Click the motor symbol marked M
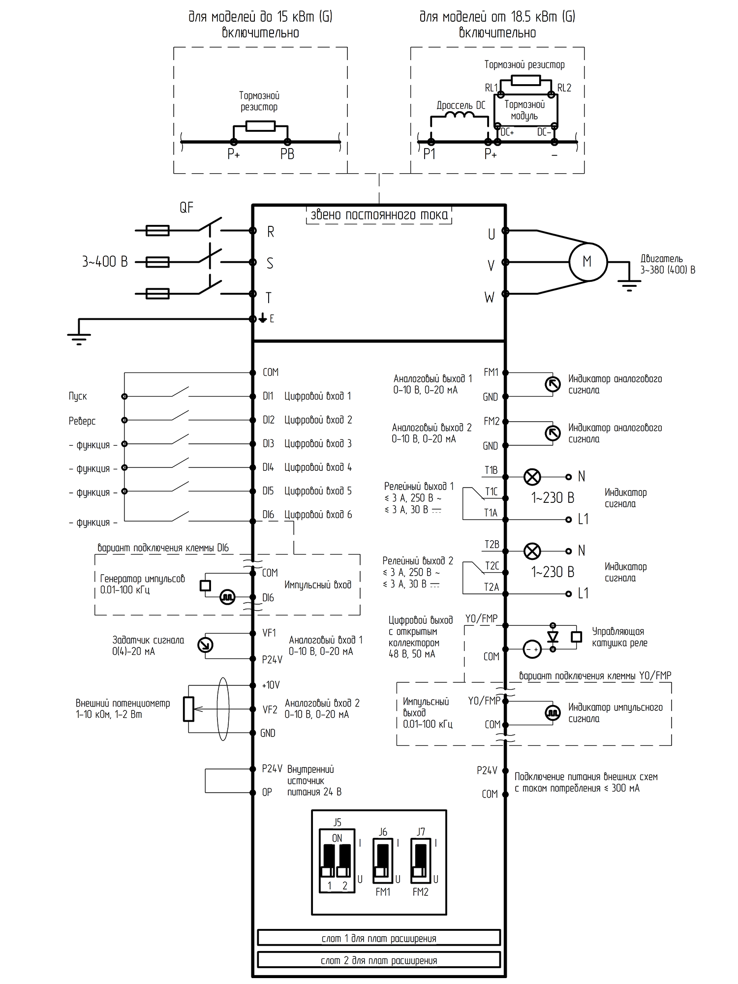pyautogui.click(x=588, y=262)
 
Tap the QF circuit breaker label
pyautogui.click(x=186, y=208)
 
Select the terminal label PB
pyautogui.click(x=287, y=154)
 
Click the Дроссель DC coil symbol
pyautogui.click(x=459, y=116)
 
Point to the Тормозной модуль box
pyautogui.click(x=525, y=111)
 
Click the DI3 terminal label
pyautogui.click(x=268, y=444)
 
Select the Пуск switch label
pyautogui.click(x=78, y=397)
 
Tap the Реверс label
pyautogui.click(x=82, y=421)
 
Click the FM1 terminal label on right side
pyautogui.click(x=491, y=372)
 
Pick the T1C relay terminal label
pyautogui.click(x=492, y=492)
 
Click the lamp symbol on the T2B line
pyautogui.click(x=532, y=551)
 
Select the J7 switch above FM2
pyautogui.click(x=421, y=862)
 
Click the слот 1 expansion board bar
pyautogui.click(x=379, y=938)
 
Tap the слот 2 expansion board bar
pyautogui.click(x=379, y=960)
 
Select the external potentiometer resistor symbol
pyautogui.click(x=188, y=709)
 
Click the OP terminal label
pyautogui.click(x=267, y=793)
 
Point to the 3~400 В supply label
pyautogui.click(x=105, y=262)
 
